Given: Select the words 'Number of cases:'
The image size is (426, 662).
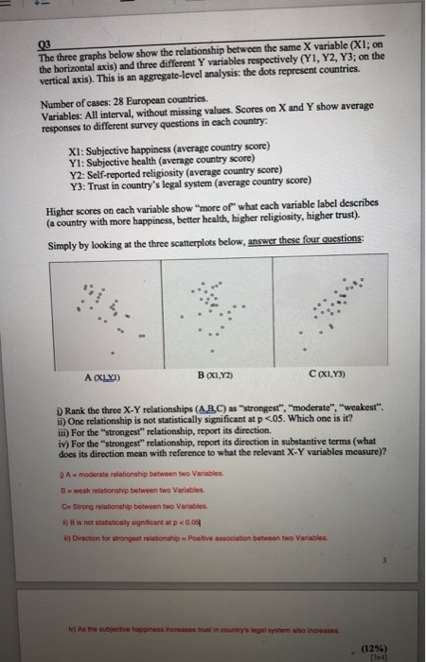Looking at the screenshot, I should pos(78,99).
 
